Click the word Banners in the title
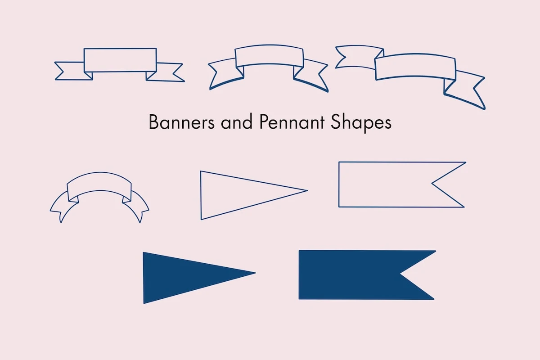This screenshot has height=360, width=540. tap(182, 122)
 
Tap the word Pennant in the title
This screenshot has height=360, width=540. tap(292, 122)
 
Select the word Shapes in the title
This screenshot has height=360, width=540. tap(361, 123)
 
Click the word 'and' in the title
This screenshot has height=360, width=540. tap(237, 122)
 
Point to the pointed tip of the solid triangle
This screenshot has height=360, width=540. tap(256, 273)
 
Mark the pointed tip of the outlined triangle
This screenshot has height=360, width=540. tap(307, 190)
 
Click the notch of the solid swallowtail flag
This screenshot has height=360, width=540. tap(400, 274)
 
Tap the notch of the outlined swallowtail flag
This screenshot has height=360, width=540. tap(432, 184)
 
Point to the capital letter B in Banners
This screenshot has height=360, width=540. tap(154, 122)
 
